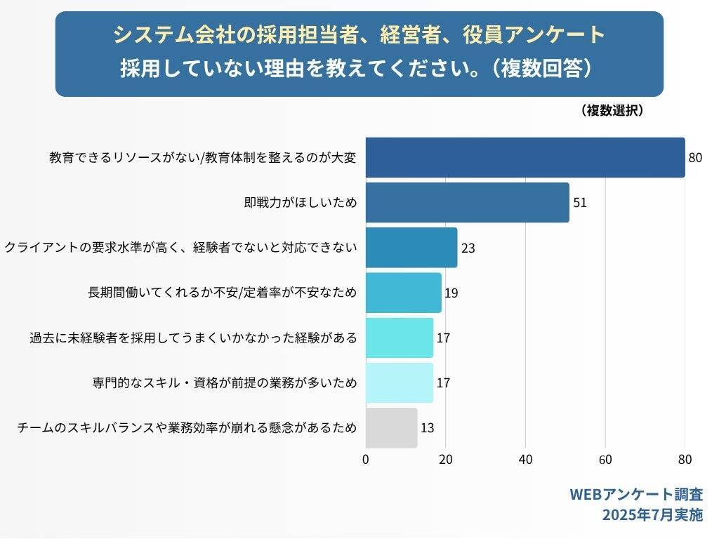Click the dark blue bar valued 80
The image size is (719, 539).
tap(525, 157)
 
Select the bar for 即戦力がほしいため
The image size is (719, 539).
tap(467, 202)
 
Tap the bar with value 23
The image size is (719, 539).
tap(411, 247)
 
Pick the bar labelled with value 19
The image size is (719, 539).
tap(403, 293)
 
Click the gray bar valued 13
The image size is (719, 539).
tap(391, 427)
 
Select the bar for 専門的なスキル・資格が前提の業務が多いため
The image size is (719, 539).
tap(399, 382)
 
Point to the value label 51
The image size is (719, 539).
tap(579, 203)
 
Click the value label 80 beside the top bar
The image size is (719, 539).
tap(695, 158)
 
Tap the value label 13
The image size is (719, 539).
tap(427, 428)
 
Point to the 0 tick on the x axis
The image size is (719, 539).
tap(366, 460)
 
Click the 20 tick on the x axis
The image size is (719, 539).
tap(445, 460)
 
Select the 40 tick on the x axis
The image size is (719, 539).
tap(525, 460)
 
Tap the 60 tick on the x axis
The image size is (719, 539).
tap(605, 460)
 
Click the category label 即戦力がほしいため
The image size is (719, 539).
tap(301, 203)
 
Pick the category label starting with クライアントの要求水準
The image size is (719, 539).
tap(181, 248)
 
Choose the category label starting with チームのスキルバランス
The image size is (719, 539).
tap(187, 427)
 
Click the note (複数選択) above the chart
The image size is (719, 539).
tap(612, 110)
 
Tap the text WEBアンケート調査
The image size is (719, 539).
tap(635, 494)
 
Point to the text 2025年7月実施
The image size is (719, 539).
tap(652, 515)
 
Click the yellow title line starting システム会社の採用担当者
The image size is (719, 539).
tap(359, 34)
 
